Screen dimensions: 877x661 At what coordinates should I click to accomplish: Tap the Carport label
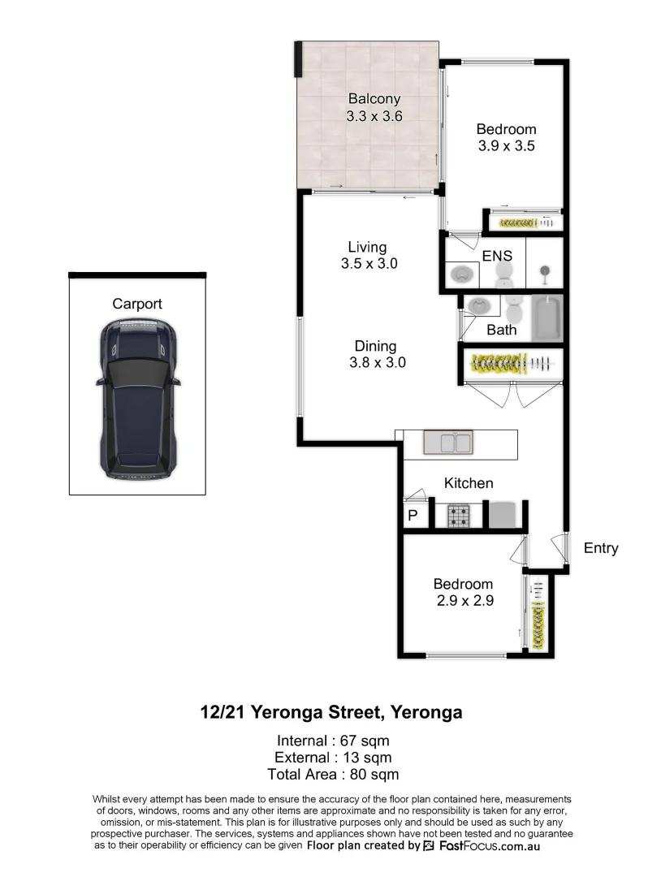(x=137, y=304)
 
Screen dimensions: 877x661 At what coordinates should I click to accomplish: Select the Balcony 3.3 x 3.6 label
(x=374, y=107)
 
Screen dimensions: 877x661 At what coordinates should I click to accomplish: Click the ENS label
(x=497, y=256)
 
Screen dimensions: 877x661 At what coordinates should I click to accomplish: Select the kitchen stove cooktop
(x=460, y=514)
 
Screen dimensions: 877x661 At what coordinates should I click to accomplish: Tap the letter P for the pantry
(x=413, y=516)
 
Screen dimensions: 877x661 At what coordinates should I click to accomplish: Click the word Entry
(x=601, y=548)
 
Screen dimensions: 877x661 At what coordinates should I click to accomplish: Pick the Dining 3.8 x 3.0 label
(x=376, y=355)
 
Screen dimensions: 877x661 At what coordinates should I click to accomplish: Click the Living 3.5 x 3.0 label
(x=367, y=255)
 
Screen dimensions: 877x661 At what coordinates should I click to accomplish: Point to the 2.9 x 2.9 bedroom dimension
(x=463, y=602)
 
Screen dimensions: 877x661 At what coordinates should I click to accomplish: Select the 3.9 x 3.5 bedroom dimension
(x=506, y=146)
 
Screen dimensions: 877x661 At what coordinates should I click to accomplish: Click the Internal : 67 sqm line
(x=333, y=741)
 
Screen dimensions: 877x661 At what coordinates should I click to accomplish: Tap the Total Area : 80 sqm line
(x=333, y=775)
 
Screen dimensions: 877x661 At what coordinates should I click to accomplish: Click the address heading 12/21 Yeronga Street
(x=331, y=713)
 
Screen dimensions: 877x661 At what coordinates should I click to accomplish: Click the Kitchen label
(x=469, y=483)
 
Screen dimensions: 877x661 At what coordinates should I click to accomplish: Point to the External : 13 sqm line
(x=333, y=758)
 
